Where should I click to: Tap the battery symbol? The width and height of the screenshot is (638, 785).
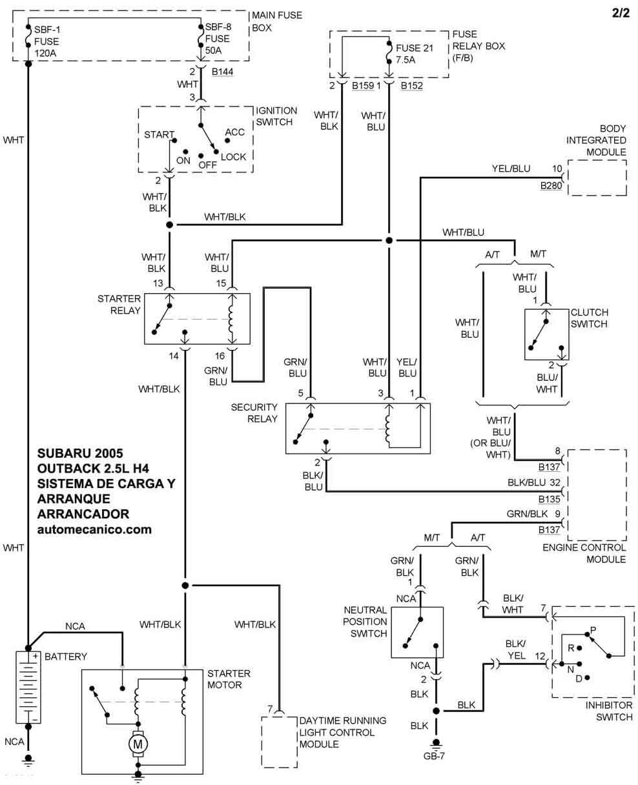click(x=28, y=688)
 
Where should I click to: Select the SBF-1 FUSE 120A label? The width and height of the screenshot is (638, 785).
click(x=46, y=41)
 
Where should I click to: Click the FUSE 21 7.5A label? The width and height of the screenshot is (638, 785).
click(x=415, y=54)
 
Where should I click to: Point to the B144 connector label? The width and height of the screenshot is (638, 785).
click(x=222, y=72)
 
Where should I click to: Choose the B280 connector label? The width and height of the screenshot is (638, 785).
click(x=551, y=185)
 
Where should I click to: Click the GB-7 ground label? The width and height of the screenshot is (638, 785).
click(x=434, y=756)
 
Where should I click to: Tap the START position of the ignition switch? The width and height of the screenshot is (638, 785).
click(x=159, y=134)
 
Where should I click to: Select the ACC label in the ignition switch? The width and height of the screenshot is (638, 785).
click(x=235, y=132)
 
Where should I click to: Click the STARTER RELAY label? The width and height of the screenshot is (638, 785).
click(x=119, y=305)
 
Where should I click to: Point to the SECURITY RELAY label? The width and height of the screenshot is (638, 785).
click(x=254, y=413)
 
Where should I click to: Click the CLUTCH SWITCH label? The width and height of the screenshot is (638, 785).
click(x=590, y=318)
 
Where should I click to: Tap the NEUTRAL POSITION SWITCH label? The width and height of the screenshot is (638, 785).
click(x=365, y=622)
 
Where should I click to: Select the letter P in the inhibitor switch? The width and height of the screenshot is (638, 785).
click(x=593, y=629)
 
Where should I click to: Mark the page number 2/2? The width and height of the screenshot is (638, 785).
click(x=621, y=13)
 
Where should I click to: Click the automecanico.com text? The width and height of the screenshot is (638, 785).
click(x=94, y=529)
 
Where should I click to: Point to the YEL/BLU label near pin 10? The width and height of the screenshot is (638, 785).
click(x=511, y=168)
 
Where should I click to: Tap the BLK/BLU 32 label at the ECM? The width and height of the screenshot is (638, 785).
click(x=533, y=482)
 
